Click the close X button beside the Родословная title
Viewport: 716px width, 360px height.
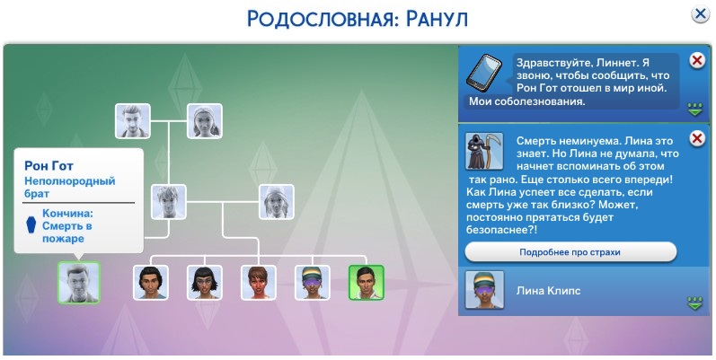point(700,14)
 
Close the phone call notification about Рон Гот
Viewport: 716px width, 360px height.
point(697,60)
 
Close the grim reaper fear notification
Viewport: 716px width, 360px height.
point(697,138)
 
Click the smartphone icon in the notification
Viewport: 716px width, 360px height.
point(483,72)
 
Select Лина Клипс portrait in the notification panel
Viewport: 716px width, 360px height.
point(484,290)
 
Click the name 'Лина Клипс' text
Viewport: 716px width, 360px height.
point(548,291)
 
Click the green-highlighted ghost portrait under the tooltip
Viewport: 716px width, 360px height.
point(78,283)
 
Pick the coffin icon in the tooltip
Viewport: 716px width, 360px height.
point(31,225)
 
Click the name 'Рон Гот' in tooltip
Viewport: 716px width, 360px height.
point(49,165)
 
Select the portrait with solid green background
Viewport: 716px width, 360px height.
point(367,283)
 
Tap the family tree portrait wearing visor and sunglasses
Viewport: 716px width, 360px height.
point(313,283)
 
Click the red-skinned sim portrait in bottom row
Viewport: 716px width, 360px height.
point(259,283)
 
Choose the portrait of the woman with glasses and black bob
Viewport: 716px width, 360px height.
point(205,283)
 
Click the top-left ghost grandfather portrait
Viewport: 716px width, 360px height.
point(132,121)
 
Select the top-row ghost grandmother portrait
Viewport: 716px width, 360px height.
point(205,121)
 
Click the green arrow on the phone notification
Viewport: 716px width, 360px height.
point(695,110)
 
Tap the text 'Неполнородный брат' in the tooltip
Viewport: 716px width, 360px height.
point(69,187)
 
